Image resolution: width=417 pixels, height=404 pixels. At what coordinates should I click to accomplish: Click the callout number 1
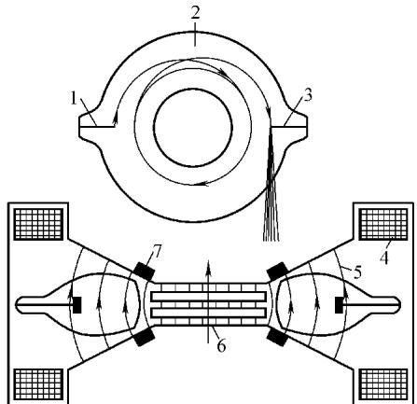(x=74, y=99)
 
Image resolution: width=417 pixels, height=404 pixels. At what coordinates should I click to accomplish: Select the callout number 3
(x=307, y=95)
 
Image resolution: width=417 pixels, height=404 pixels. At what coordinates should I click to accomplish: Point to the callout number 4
(x=384, y=258)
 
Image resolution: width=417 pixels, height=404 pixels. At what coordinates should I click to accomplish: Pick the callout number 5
(x=358, y=272)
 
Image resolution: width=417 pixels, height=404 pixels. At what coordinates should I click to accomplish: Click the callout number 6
(x=221, y=346)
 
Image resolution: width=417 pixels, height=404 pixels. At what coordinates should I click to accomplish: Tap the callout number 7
(x=158, y=252)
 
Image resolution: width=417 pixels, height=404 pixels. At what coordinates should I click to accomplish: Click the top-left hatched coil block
(x=39, y=224)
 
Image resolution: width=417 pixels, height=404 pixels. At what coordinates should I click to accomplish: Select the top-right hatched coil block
(x=383, y=224)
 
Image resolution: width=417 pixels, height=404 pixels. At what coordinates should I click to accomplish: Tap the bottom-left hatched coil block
(x=39, y=384)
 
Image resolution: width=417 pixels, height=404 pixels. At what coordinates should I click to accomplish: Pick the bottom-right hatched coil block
(x=383, y=384)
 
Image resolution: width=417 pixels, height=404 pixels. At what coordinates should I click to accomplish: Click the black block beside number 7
(x=144, y=271)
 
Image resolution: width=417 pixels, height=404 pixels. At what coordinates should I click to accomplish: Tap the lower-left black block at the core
(x=144, y=337)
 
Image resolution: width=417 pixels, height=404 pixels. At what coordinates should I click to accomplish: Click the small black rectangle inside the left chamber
(x=77, y=305)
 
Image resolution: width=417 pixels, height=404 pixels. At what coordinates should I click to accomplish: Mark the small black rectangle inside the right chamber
(x=339, y=305)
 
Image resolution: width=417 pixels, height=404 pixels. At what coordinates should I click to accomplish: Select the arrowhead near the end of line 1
(x=116, y=118)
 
